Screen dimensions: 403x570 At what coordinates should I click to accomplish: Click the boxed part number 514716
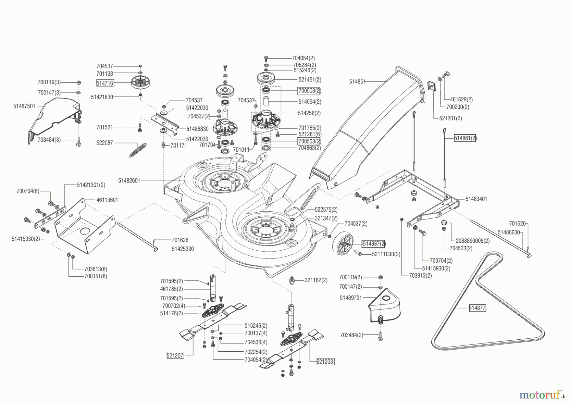tap(105, 83)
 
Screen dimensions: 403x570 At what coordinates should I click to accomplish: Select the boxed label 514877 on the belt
tap(477, 308)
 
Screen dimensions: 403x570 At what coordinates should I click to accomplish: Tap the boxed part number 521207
tap(175, 355)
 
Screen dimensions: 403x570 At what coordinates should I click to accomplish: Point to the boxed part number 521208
tap(326, 361)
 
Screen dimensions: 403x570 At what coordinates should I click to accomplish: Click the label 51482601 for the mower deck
tap(129, 180)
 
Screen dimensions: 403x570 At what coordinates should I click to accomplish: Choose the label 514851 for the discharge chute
tap(358, 81)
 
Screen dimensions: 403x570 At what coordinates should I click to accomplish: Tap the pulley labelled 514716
tap(140, 83)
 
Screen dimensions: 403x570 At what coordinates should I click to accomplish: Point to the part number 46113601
tap(107, 200)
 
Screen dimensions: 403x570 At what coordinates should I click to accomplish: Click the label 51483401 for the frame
tap(476, 199)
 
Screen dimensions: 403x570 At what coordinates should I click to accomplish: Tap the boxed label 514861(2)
tap(465, 138)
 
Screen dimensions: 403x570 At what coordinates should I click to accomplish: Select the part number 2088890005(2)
tap(472, 241)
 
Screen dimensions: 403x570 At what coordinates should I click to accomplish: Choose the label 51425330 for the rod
tap(183, 249)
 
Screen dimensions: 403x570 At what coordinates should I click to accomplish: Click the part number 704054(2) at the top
tap(303, 58)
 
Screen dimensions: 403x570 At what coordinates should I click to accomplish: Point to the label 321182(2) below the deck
tap(316, 280)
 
